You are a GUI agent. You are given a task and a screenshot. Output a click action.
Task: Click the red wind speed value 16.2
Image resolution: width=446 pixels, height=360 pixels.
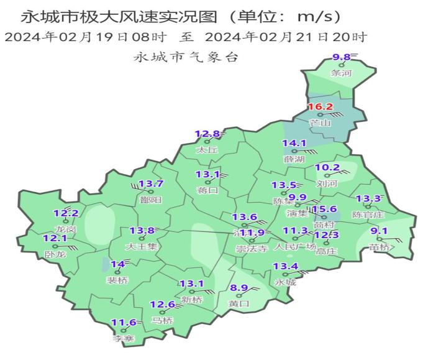(x=321, y=107)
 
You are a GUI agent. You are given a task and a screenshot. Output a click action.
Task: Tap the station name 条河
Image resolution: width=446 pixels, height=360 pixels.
(x=342, y=73)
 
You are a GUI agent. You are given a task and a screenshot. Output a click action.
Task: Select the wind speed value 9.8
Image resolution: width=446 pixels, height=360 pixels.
(x=342, y=57)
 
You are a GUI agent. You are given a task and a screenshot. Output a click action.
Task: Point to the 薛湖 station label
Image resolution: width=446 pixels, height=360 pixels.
(x=294, y=159)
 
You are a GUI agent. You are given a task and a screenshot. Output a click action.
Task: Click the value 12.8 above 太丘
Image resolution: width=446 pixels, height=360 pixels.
(x=207, y=134)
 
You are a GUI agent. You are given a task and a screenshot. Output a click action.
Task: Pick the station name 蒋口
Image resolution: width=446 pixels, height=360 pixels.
(x=207, y=190)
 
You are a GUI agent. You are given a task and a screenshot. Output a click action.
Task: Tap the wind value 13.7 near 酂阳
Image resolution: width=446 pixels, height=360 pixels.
(x=150, y=183)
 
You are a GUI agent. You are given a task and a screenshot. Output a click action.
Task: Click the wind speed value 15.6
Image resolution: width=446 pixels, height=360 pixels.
(x=325, y=210)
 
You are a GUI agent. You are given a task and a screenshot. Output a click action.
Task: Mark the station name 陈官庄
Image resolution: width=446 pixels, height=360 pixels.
(x=368, y=215)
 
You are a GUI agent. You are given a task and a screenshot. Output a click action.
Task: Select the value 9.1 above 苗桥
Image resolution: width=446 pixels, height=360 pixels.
(x=379, y=232)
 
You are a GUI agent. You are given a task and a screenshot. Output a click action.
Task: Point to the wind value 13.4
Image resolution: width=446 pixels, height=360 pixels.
(x=286, y=267)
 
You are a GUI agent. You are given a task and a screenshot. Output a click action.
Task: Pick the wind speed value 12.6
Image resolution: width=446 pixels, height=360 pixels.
(x=163, y=304)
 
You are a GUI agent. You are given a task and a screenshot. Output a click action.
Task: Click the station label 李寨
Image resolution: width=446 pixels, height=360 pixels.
(x=123, y=338)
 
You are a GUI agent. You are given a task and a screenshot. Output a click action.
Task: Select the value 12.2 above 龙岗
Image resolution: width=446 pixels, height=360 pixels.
(x=66, y=213)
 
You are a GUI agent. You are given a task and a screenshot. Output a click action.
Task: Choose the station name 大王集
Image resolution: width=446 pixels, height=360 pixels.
(x=142, y=246)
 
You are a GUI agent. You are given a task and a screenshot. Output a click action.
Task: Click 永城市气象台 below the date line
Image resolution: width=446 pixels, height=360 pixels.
(x=186, y=57)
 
